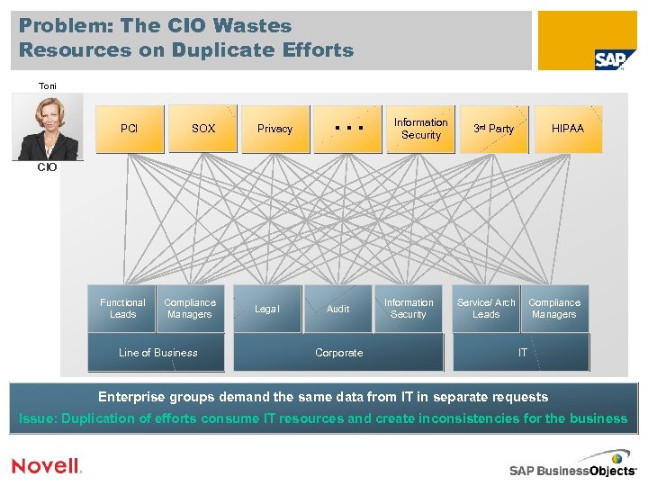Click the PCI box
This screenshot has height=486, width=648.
coord(130,129)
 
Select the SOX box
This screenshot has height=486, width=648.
coord(203,129)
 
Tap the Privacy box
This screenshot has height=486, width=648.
coord(274,129)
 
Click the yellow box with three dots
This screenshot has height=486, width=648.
coord(347,129)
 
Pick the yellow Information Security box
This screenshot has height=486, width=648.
coord(420,129)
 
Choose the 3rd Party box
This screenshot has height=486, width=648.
coord(493,129)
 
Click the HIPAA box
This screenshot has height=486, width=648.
coord(567,129)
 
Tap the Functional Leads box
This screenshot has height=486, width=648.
coord(122,309)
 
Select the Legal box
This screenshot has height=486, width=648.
coord(267,309)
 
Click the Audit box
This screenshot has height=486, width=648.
coord(337,309)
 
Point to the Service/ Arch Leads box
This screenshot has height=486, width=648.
coord(486,309)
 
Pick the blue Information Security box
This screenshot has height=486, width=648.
coord(409,309)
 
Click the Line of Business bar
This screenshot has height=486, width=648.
coord(157,353)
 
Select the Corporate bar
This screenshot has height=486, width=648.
coord(338,353)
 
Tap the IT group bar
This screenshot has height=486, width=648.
coord(522,353)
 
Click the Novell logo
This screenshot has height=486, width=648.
coord(46,465)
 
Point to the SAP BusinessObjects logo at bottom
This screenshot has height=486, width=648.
coord(572,469)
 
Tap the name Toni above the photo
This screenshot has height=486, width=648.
coord(48,86)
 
